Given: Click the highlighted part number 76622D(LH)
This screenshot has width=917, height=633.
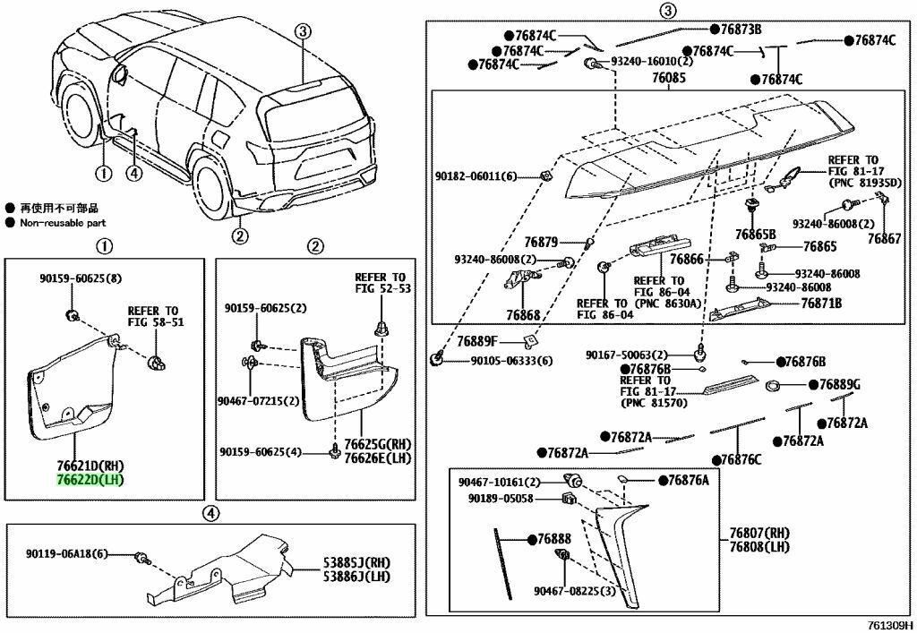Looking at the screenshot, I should pos(88,480).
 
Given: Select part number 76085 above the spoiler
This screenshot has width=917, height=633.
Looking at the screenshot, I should pos(669,79).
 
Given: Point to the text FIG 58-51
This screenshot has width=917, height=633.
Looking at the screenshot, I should pos(155,321).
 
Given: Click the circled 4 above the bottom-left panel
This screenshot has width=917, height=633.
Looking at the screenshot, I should pos(209,513).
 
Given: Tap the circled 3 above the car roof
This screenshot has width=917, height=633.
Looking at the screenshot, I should pos(303,32).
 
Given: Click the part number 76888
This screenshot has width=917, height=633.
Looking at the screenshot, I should pos(554,540).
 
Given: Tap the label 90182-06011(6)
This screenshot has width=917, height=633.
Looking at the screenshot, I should pos(484,177).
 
